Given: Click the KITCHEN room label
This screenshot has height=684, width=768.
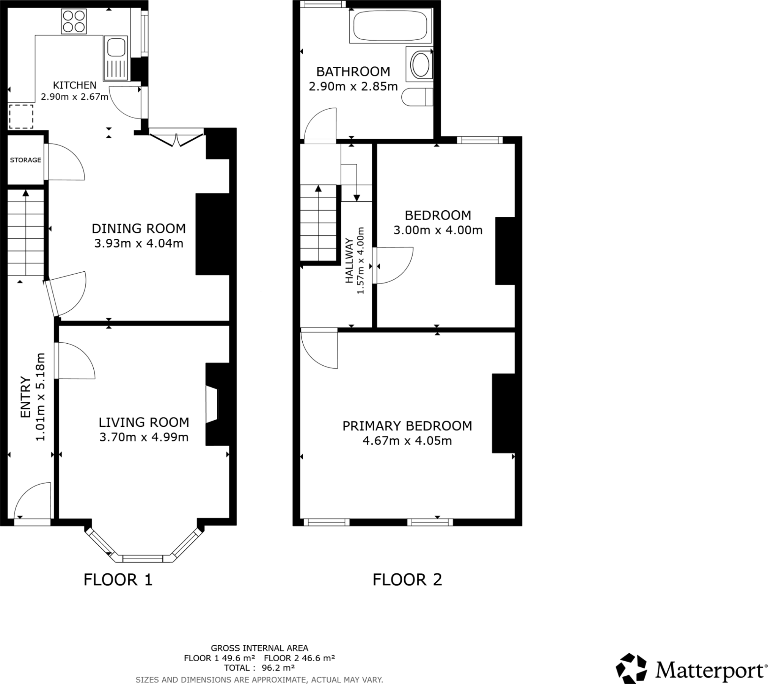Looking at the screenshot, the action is point(74,85).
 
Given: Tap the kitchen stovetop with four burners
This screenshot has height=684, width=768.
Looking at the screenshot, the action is point(73,21).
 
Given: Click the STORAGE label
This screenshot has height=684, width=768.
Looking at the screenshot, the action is point(25,160).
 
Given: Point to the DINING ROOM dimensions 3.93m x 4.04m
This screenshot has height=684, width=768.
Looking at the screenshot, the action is point(139,243).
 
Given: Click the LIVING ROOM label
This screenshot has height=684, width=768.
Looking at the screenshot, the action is point(144,422).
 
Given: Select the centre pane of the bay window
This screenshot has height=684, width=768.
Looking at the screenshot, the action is point(143,559).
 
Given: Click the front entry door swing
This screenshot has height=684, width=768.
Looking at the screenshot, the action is point(33,500).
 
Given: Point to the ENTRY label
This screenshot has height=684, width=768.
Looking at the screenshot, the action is point(25,397).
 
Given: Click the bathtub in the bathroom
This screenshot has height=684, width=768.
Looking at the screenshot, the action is point(390,25).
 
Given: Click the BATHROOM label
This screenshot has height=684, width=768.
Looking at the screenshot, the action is point(353,71).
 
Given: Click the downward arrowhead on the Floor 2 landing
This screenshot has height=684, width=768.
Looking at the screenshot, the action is point(357,197).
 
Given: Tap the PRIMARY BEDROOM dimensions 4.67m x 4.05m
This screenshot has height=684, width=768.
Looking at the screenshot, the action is point(407,441).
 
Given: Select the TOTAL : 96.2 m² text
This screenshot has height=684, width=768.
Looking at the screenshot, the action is point(259,668).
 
